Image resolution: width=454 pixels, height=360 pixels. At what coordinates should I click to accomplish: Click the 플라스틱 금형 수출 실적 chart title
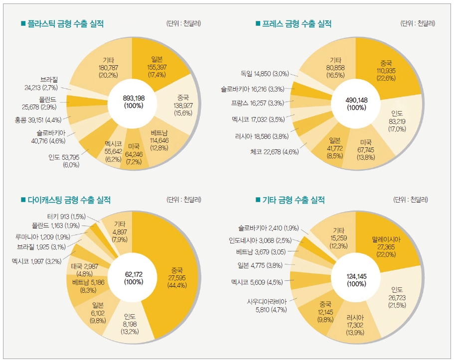pos(65,23)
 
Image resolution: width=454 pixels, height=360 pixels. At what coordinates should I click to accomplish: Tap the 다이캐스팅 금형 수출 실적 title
pos(68,200)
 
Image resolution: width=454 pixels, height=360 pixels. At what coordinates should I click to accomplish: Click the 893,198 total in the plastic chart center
pos(133,102)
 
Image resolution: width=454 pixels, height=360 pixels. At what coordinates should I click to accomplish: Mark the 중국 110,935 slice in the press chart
pos(386,70)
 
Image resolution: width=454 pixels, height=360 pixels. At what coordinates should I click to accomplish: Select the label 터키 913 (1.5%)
pos(66,217)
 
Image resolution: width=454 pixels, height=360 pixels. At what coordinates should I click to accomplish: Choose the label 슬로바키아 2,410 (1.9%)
pos(268,228)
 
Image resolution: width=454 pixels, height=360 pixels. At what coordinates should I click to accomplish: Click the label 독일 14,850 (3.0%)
pos(265,74)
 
